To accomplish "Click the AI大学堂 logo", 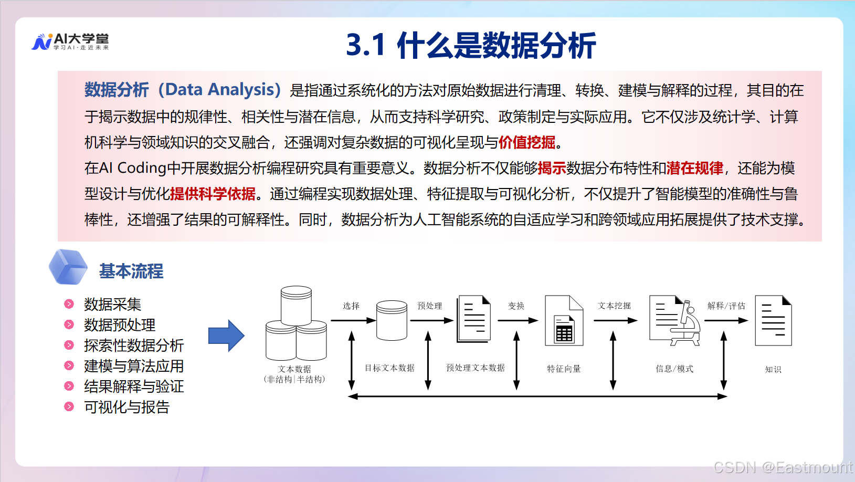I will coord(70,41).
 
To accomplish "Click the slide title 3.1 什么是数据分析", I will coord(471,45).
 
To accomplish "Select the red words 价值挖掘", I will coord(527,142).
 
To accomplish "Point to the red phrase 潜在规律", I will coord(694,168).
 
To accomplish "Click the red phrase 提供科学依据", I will coord(213,194).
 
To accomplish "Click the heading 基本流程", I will coord(131,271).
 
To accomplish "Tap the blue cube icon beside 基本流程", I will coord(68,267).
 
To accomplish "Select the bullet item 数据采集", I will coord(112,304).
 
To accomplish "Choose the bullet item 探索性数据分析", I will coord(134,345).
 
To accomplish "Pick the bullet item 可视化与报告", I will coord(126,407).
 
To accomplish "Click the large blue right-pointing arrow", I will coord(226,336).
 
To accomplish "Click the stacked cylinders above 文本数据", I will coord(296,323).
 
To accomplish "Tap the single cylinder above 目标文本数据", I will coord(392,320).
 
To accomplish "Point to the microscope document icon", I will coord(675,320).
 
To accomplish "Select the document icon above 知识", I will coord(773,321).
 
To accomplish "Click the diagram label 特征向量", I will coord(564,369).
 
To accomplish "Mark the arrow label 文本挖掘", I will coord(614,306).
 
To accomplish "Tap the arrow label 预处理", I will coord(429,306).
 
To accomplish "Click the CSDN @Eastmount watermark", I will coord(783,467).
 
